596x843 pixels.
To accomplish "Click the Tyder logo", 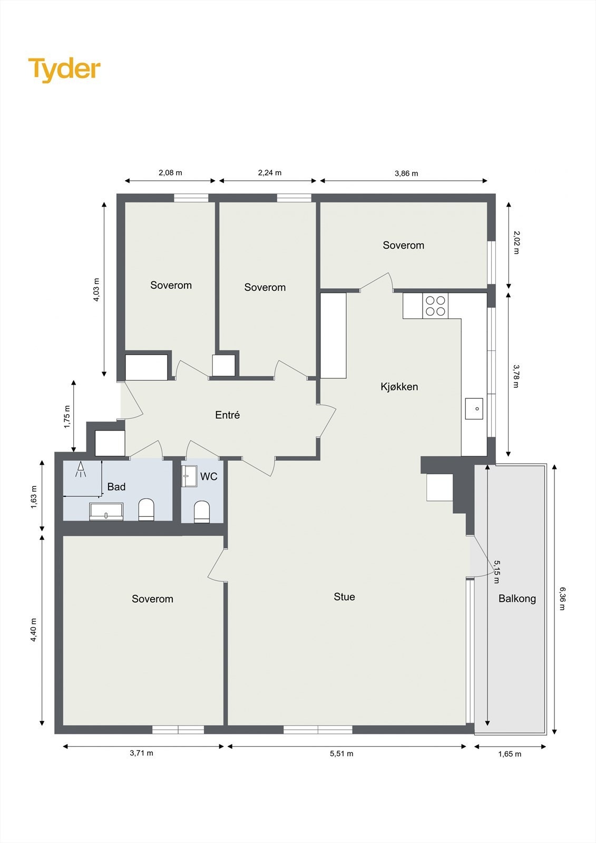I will point(64,69).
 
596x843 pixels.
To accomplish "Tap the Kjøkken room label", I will point(399,387).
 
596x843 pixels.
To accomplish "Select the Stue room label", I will point(344,597).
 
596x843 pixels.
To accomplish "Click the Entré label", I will point(227,415).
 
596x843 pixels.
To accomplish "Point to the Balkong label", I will point(517,599).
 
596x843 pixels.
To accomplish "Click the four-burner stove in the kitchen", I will point(435,306).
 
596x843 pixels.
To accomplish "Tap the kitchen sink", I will point(474,409).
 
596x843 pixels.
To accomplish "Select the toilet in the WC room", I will point(202,512).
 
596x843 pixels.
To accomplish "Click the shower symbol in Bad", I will point(81,469).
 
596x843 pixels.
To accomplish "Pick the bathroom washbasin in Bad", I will point(106,511).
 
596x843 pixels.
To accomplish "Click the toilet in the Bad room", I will point(146,509).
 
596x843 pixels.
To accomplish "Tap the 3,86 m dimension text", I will point(406,173).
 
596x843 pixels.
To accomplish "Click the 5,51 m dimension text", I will point(341,753).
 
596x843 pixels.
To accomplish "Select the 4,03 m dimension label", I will point(96,290).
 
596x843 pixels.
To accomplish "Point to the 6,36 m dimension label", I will point(562,599).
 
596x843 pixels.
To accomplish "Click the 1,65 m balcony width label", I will point(510,754).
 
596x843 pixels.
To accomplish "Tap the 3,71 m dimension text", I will point(141,753).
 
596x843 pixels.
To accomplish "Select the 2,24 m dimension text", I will point(269,173).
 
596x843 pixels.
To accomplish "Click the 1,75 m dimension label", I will point(67,417).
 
